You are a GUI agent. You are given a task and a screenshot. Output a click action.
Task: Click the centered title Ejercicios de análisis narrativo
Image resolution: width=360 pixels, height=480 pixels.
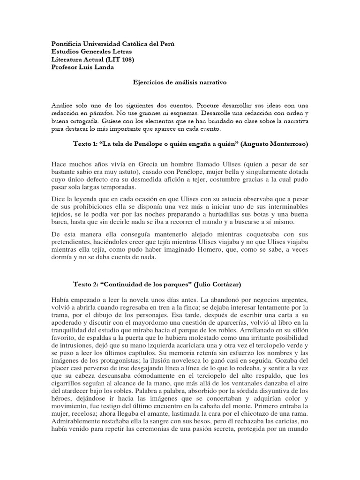click(180, 82)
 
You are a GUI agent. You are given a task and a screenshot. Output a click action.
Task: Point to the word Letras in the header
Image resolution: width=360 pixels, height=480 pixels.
click(121, 51)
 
